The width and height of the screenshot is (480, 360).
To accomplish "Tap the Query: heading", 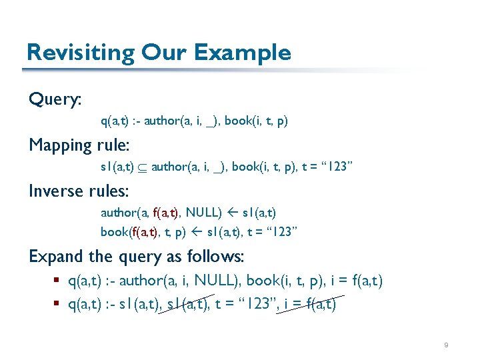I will pos(55,100).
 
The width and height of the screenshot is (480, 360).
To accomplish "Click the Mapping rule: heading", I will pos(79,145).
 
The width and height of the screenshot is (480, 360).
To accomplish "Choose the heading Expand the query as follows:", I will pos(137,256).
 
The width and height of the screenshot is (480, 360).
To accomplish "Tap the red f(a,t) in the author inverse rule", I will pos(166,213).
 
